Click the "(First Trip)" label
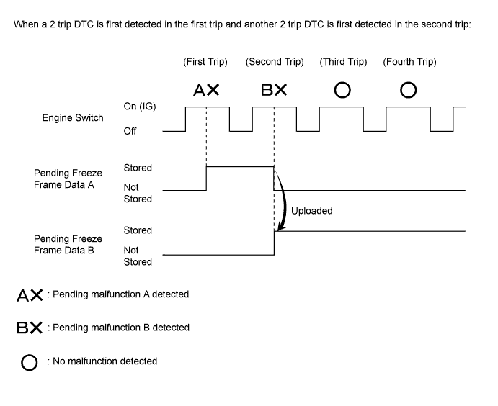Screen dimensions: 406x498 (x=205, y=62)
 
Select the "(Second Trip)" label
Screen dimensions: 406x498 (x=275, y=62)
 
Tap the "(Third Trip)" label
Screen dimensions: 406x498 (x=343, y=62)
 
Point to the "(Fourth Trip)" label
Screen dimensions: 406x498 (x=409, y=62)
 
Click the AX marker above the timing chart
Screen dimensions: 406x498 (x=206, y=90)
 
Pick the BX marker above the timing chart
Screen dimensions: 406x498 (x=275, y=90)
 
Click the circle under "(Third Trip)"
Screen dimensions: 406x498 (x=343, y=90)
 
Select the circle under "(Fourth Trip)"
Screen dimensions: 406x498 (x=409, y=90)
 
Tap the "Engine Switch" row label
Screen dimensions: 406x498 (x=73, y=118)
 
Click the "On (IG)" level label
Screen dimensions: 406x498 (x=140, y=107)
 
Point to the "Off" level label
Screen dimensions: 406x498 (x=130, y=132)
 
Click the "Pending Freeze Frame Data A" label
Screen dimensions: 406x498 (x=68, y=179)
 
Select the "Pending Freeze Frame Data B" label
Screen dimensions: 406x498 (x=68, y=245)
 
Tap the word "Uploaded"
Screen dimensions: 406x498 (x=311, y=212)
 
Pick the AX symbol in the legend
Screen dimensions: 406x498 (x=30, y=294)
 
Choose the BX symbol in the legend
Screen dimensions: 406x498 (x=30, y=328)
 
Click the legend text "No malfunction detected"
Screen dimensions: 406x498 (x=105, y=361)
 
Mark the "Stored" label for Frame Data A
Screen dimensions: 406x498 (x=138, y=168)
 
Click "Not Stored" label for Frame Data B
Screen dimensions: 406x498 (x=138, y=256)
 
